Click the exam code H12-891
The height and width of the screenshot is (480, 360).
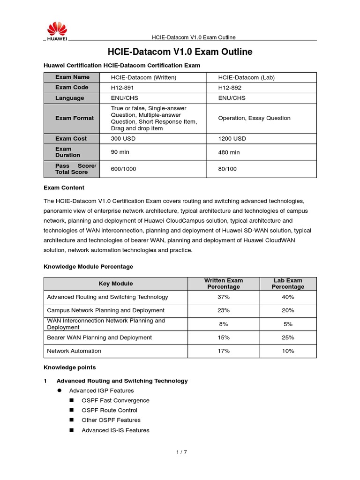click(x=122, y=88)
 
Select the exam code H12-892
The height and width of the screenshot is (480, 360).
click(x=230, y=88)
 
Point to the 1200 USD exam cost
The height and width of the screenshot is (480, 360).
click(x=232, y=139)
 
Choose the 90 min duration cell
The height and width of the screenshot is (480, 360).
click(x=120, y=152)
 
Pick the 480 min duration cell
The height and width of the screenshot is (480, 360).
click(x=229, y=152)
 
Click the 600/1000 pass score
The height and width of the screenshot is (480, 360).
click(x=123, y=169)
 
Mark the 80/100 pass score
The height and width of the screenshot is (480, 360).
click(x=227, y=169)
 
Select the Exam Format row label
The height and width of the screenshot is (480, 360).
click(x=74, y=118)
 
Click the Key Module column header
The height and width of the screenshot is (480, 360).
click(x=116, y=284)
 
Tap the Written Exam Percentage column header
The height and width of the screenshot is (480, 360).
click(x=224, y=284)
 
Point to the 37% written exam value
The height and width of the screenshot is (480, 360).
click(x=224, y=297)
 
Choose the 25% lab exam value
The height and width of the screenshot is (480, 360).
click(x=288, y=337)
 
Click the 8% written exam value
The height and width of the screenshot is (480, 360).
click(x=224, y=324)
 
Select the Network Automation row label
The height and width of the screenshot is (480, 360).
click(x=74, y=351)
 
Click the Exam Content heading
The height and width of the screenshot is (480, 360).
click(x=64, y=188)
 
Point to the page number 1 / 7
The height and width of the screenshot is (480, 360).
click(x=181, y=452)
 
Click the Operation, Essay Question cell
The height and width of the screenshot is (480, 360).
click(x=254, y=118)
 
